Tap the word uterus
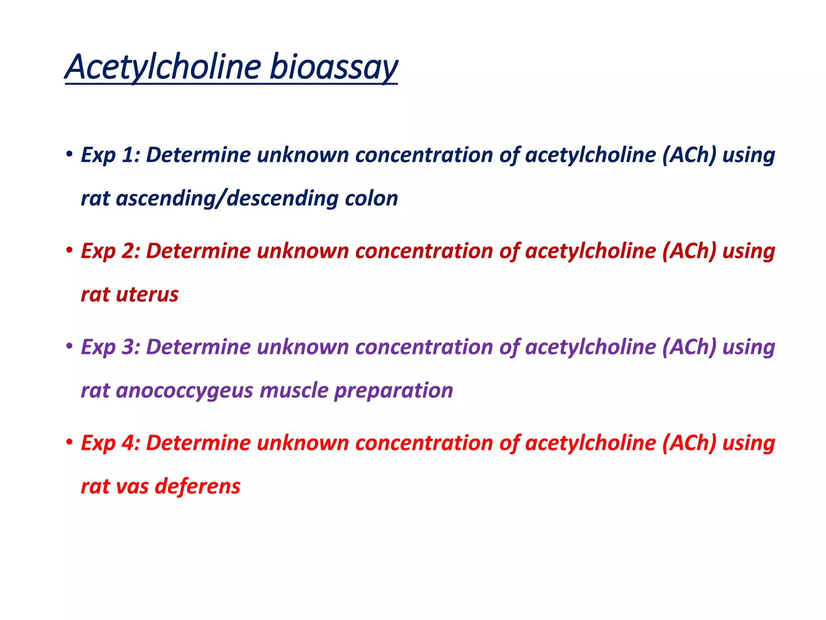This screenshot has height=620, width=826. [x=147, y=294]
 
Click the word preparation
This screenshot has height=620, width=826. [x=394, y=390]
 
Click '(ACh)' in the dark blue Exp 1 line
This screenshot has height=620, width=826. [x=689, y=155]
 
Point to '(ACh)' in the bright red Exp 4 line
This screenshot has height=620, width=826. [x=689, y=443]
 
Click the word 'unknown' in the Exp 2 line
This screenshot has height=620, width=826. [x=302, y=251]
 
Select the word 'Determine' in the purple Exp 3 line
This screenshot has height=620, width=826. [x=198, y=347]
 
